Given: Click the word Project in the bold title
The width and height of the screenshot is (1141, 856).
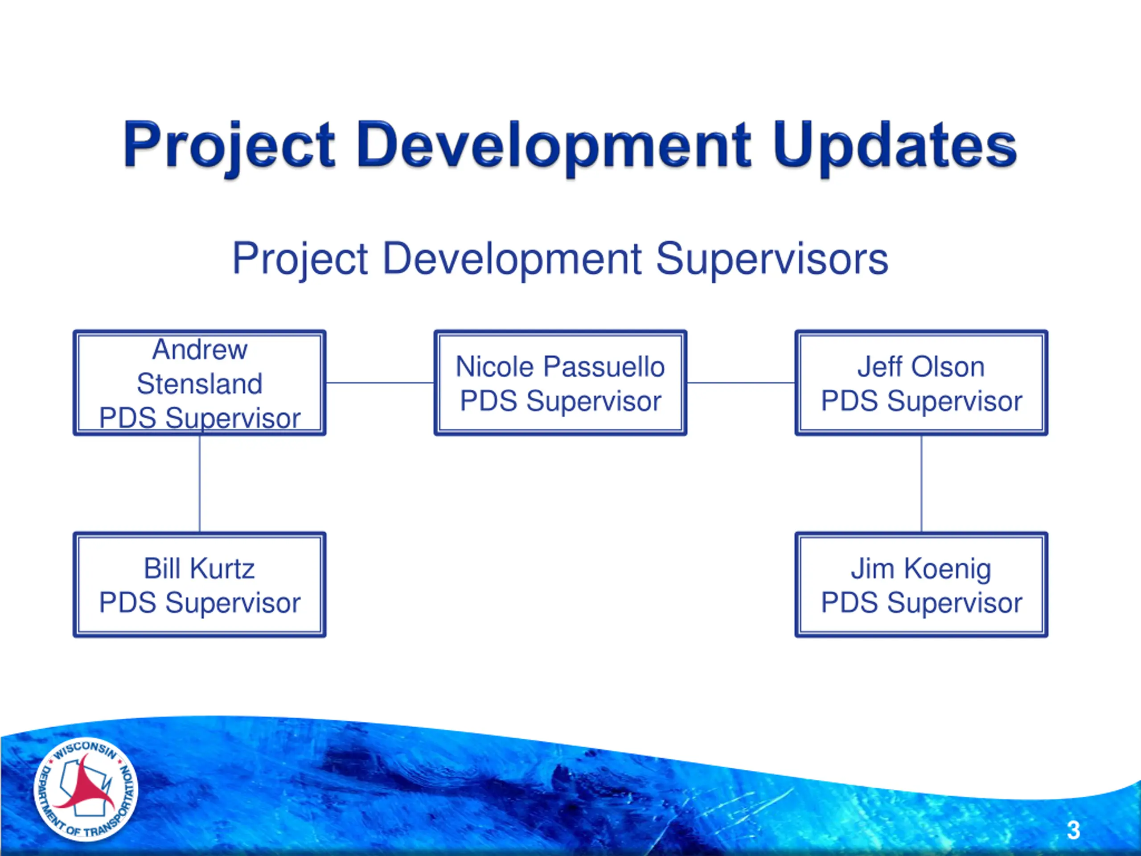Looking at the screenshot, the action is click(x=229, y=146).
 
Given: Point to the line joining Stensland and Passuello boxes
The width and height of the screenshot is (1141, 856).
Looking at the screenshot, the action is click(x=380, y=383).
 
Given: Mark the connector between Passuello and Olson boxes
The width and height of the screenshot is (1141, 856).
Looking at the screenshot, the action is click(x=741, y=383).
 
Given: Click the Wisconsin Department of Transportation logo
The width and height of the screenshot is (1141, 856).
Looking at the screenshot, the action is click(x=86, y=790).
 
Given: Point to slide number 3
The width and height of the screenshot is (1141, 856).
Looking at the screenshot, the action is click(x=1073, y=830).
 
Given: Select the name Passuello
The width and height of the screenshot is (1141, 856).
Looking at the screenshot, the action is click(x=604, y=367).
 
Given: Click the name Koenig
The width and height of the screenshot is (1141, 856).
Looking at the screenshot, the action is click(x=948, y=570).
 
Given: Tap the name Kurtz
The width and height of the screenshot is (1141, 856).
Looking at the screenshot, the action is click(x=222, y=568).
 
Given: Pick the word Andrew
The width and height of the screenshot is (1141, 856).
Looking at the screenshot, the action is click(x=200, y=350).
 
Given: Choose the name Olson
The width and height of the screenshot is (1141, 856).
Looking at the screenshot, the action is click(x=948, y=367).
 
